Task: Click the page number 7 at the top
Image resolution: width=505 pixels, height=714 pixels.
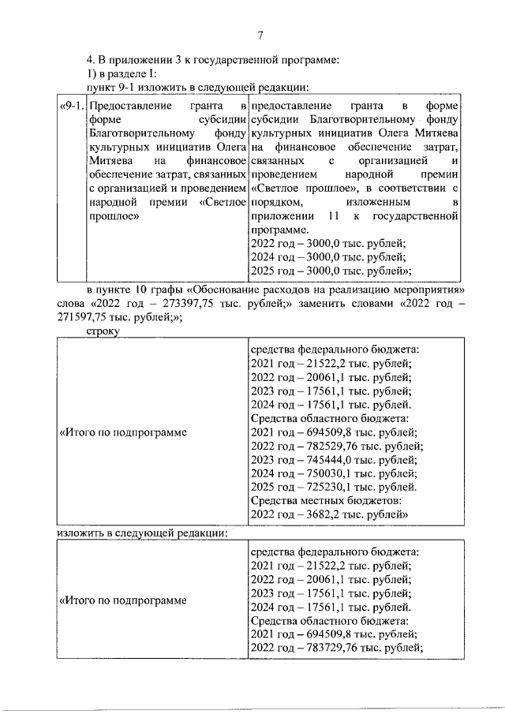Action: pos(260,34)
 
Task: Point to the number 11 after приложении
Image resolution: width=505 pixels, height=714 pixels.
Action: pos(335,215)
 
